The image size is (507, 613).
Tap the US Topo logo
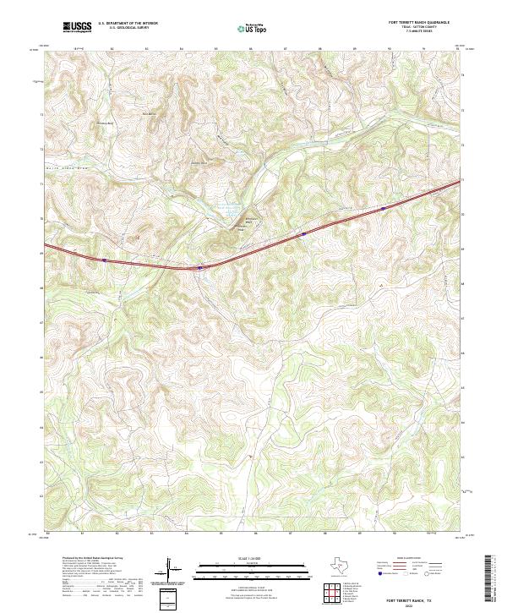click(x=250, y=28)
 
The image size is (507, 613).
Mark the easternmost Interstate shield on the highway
click(x=383, y=207)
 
